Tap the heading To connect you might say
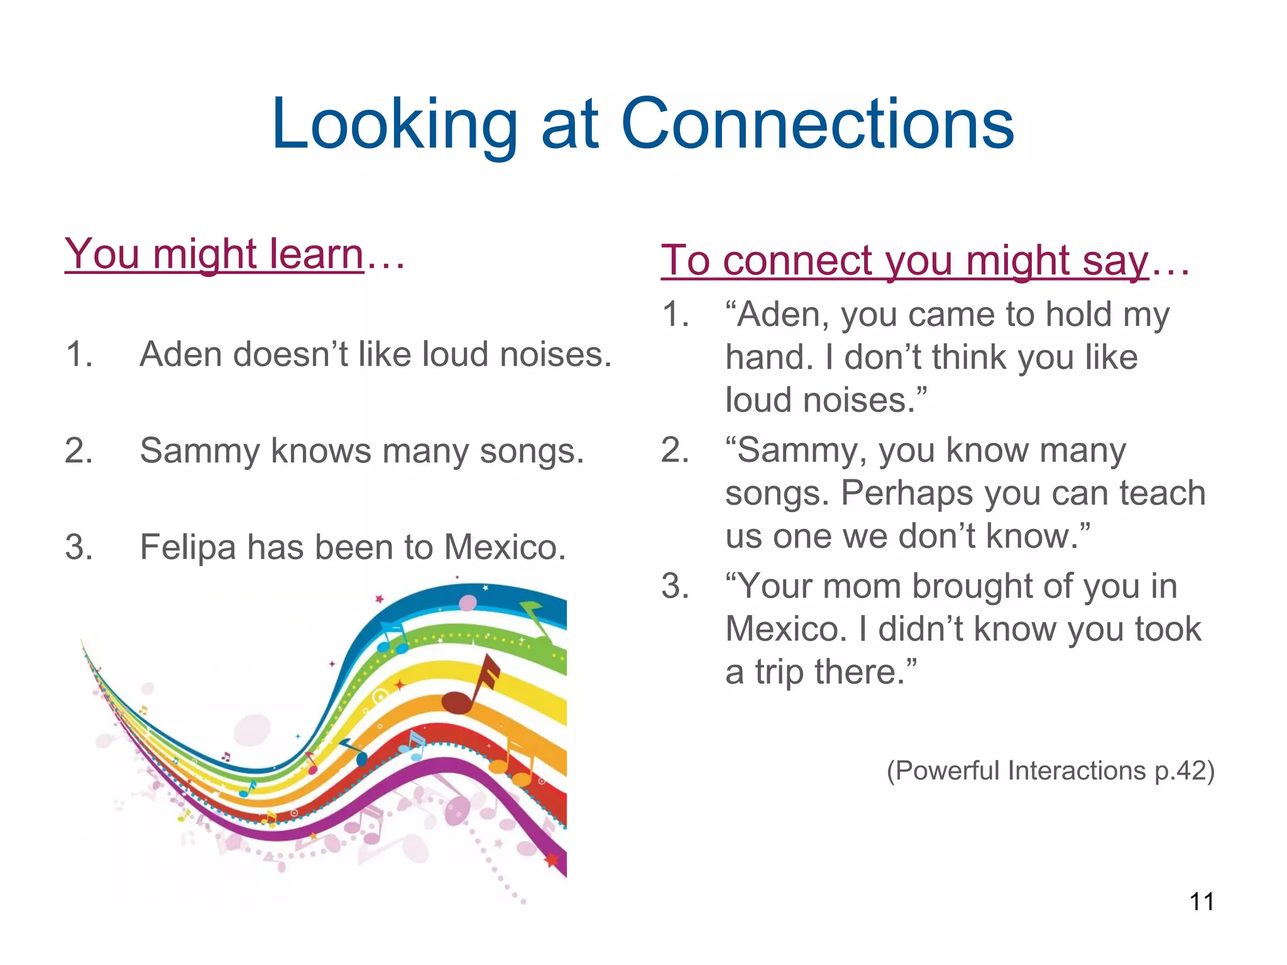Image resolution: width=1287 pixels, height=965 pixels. (x=905, y=260)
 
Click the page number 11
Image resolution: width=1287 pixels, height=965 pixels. (x=1201, y=902)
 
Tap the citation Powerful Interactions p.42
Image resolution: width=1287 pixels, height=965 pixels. (x=1050, y=770)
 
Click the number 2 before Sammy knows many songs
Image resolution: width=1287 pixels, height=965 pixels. (x=79, y=451)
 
